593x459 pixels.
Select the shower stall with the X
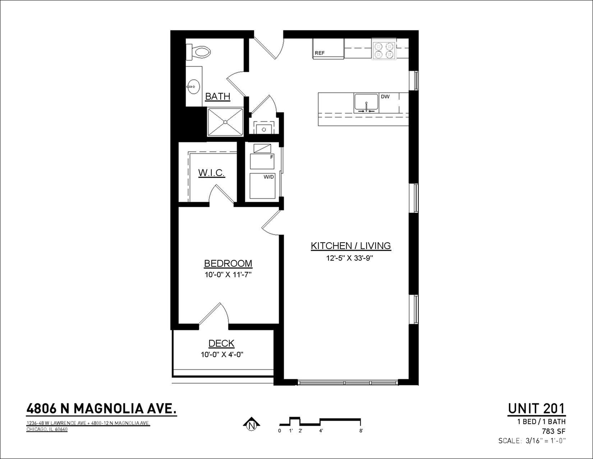[225, 122]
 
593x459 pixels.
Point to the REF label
[320, 53]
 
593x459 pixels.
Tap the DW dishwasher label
[385, 96]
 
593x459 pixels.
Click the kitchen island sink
[366, 103]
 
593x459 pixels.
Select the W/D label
[268, 177]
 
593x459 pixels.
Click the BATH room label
[217, 96]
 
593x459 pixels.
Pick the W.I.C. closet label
[211, 173]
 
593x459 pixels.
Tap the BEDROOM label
[228, 263]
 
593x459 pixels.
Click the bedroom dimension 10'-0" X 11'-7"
[228, 275]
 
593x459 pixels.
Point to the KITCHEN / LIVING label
[351, 246]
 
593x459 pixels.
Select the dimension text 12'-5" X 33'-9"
[350, 258]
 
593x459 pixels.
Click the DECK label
[221, 343]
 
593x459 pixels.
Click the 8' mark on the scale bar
[361, 431]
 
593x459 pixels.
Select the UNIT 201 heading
[537, 409]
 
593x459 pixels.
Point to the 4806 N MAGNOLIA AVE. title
[101, 409]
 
